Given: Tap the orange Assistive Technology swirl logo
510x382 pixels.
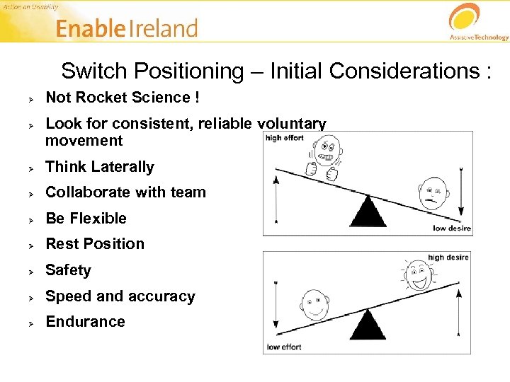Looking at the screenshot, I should pyautogui.click(x=465, y=17).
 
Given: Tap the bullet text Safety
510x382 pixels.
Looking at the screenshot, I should pyautogui.click(x=68, y=270).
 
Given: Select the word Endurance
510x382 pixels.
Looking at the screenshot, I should pyautogui.click(x=85, y=322).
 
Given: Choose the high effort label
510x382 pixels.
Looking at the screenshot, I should pyautogui.click(x=284, y=138).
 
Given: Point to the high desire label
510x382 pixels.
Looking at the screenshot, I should pyautogui.click(x=448, y=257).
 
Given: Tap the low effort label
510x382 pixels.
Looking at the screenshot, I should pyautogui.click(x=283, y=347).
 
